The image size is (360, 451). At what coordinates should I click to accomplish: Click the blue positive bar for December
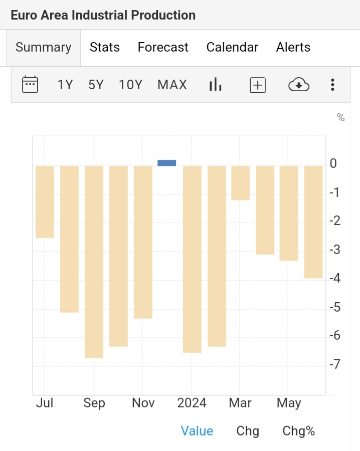coord(167,163)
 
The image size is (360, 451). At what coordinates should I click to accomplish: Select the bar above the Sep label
coord(94,261)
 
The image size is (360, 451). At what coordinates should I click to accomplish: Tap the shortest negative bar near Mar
coord(240,183)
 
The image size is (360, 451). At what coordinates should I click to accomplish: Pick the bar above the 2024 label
coord(192,258)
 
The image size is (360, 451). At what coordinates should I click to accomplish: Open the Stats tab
coord(105,48)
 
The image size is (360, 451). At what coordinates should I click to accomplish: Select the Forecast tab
coord(163,48)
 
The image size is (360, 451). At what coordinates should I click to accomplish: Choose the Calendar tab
coord(232,48)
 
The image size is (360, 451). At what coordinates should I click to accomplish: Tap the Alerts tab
coord(293,48)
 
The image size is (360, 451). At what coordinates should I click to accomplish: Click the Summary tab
coord(44,48)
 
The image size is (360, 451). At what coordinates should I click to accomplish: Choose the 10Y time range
coord(131,85)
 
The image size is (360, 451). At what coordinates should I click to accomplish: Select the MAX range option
coord(172,85)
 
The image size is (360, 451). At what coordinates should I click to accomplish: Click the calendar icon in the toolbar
coord(30,84)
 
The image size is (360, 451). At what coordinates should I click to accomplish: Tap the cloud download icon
coord(299,85)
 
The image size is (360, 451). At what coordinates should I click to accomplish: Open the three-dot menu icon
coord(332,85)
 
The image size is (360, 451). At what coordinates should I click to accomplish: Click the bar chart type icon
coord(215,85)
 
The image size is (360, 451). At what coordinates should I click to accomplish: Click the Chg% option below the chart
coord(299,431)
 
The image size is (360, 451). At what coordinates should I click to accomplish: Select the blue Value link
coord(197,431)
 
